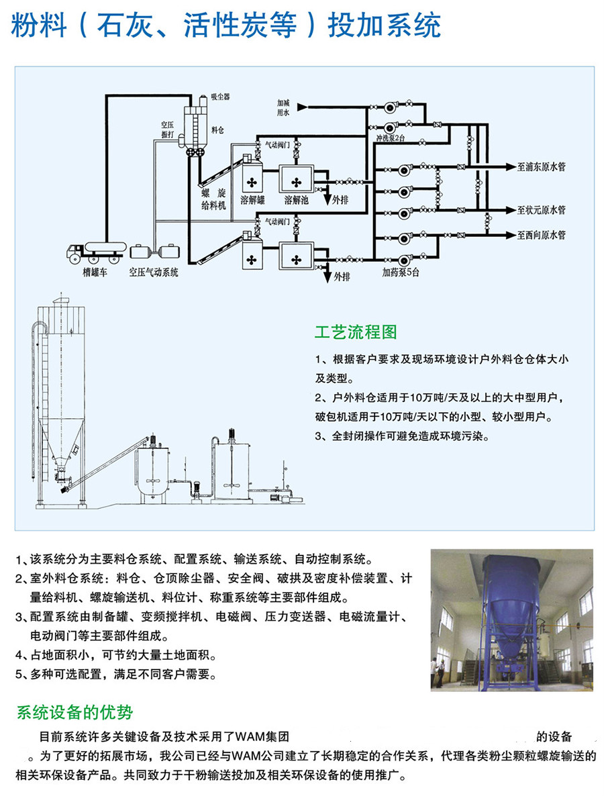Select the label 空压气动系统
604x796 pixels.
[154, 273]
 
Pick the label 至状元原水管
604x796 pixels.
[541, 210]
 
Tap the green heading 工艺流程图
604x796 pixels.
[356, 332]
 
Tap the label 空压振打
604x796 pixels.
[167, 130]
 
